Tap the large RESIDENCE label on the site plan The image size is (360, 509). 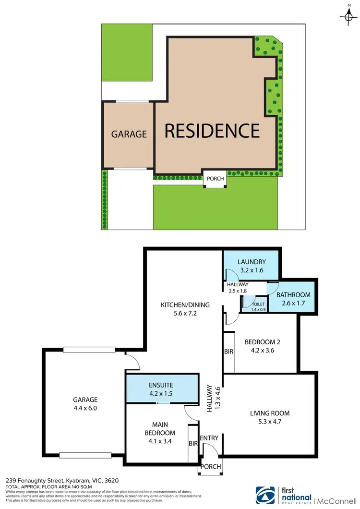tap(212, 131)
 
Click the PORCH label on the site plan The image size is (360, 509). tap(215, 179)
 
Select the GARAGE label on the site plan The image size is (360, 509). tap(129, 134)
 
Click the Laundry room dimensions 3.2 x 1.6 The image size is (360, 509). tap(252, 270)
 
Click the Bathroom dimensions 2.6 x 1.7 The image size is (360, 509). tap(293, 303)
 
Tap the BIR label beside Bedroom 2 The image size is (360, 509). tap(228, 351)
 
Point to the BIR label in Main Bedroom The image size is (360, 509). tap(193, 444)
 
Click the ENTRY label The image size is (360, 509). tap(209, 437)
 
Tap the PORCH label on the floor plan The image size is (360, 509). tap(211, 467)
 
